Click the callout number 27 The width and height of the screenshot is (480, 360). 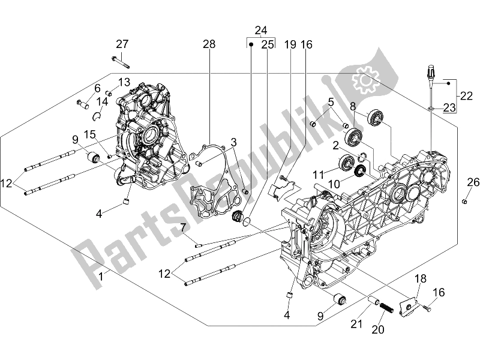pos(122,44)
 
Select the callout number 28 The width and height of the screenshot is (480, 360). pos(208,44)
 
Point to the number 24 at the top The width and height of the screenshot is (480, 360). pos(260,31)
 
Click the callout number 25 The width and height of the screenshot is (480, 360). pos(268,44)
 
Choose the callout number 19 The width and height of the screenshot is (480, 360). pos(290,44)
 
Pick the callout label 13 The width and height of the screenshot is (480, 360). pos(124,82)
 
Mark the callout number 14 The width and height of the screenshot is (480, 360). pos(103,102)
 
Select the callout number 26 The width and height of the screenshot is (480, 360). pos(473,182)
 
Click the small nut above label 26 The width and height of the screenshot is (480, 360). pos(465,201)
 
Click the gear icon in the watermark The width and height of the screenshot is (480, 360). pos(364,80)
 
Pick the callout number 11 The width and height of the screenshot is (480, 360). pos(318,174)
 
